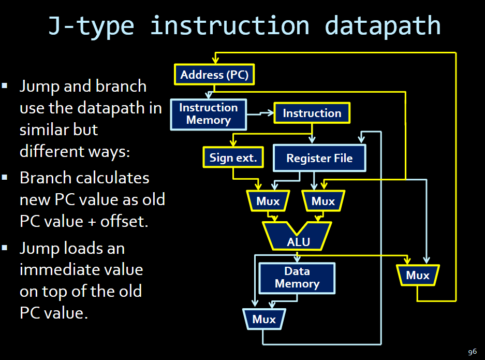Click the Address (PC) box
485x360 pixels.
[x=214, y=75]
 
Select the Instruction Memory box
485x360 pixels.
[x=209, y=114]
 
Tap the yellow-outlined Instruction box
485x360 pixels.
[x=312, y=113]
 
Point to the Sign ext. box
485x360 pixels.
[x=233, y=157]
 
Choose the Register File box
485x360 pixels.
[x=319, y=158]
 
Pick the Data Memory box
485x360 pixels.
[x=297, y=278]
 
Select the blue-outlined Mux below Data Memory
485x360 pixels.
[x=264, y=319]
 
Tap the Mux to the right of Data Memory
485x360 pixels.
[x=418, y=275]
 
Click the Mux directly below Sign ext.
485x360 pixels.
[x=268, y=201]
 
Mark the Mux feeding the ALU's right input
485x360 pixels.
[x=323, y=201]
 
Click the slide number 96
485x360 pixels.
[x=472, y=352]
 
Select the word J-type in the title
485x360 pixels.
[x=92, y=26]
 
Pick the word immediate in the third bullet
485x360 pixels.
[x=59, y=270]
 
